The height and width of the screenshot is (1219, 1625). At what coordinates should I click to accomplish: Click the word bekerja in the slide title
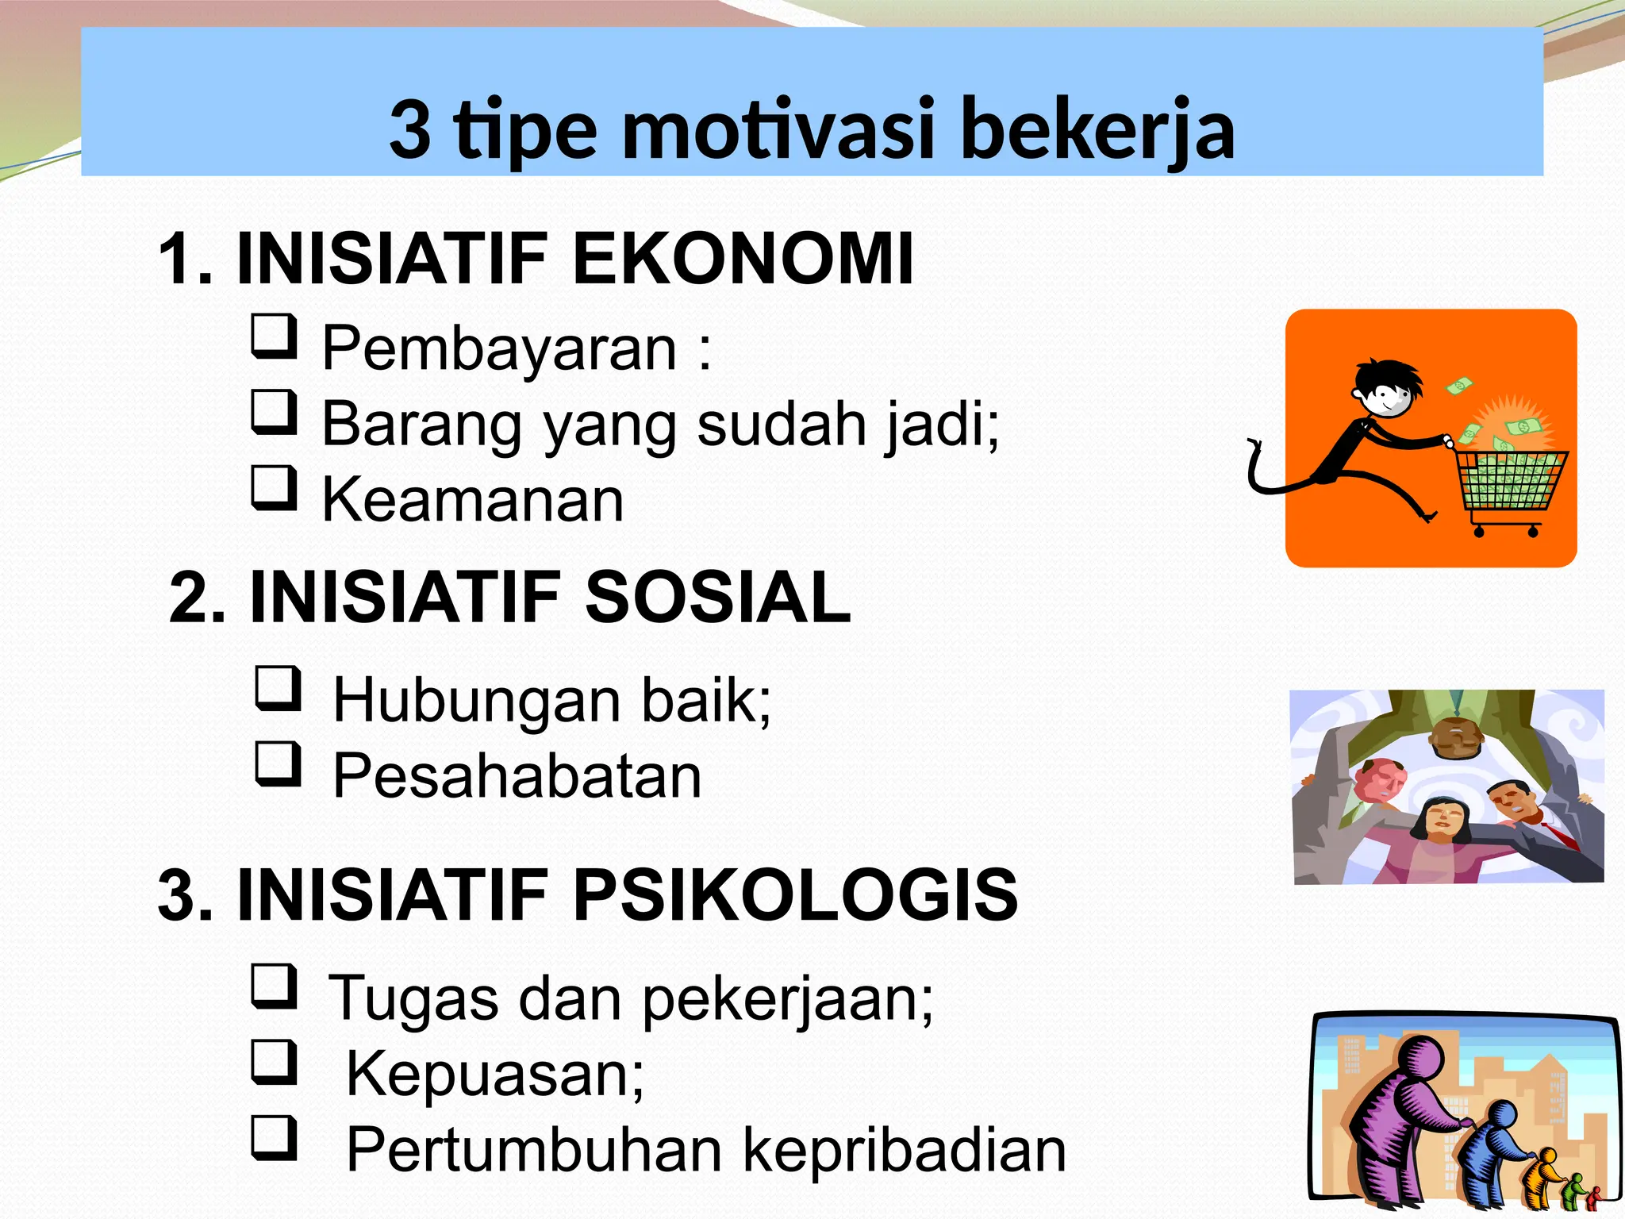(1097, 129)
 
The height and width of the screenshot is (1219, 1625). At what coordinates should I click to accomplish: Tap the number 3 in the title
(410, 129)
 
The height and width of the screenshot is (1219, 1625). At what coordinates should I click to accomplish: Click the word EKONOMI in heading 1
(743, 259)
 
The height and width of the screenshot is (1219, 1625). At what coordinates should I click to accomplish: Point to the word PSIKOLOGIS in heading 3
(795, 894)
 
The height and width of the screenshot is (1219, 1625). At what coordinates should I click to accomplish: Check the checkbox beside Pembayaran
(275, 336)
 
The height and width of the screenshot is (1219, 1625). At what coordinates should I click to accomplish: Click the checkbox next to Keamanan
(275, 487)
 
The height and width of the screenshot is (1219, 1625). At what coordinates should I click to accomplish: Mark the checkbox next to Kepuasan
(275, 1062)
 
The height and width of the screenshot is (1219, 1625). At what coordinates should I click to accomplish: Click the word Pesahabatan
(517, 775)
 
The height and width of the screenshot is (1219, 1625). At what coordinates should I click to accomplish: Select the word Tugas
(413, 998)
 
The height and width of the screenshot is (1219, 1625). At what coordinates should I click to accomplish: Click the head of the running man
(1385, 389)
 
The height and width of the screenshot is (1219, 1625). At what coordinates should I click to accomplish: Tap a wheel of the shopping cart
(1479, 531)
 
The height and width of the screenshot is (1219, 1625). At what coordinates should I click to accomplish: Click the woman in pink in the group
(1440, 833)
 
